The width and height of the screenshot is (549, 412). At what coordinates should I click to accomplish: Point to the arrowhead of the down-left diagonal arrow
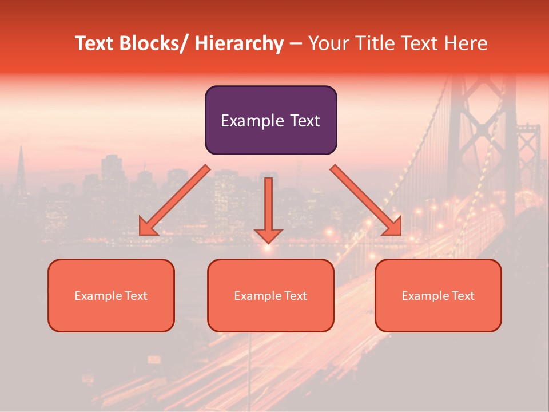[148, 227]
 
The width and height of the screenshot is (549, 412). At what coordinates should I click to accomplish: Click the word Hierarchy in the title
[239, 44]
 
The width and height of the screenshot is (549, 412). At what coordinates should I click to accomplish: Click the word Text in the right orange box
[462, 296]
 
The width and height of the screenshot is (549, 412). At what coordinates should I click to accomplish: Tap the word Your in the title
[327, 44]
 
